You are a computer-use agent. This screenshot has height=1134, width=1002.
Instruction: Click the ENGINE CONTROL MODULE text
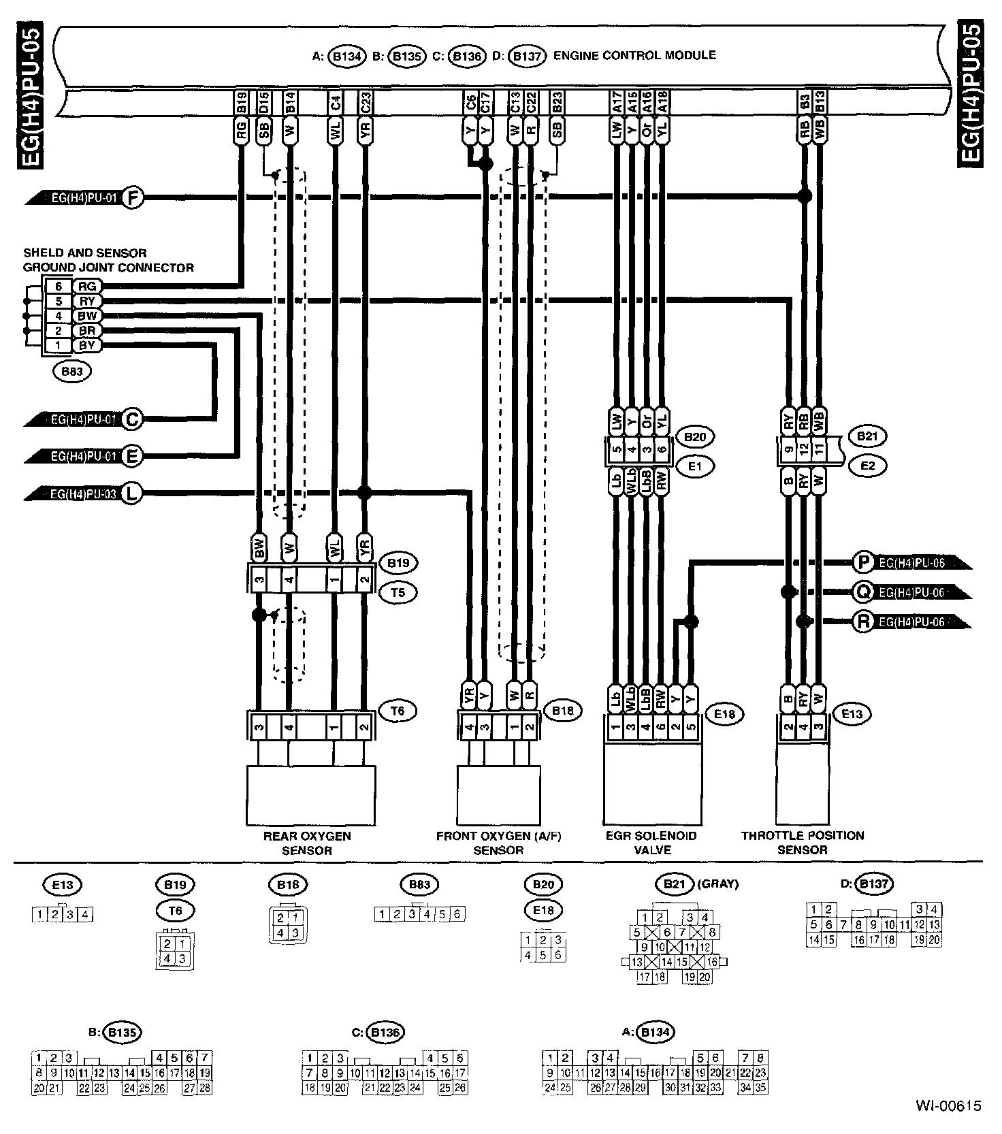click(x=634, y=55)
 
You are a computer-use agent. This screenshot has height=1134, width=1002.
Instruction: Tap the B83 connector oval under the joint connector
click(x=72, y=372)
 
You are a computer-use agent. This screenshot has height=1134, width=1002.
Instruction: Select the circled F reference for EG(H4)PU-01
click(x=134, y=198)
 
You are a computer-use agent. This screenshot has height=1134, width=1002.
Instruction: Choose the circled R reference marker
click(x=863, y=621)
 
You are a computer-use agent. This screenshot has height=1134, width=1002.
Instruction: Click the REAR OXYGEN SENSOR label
click(x=307, y=843)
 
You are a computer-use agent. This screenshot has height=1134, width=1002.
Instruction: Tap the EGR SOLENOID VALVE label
click(x=651, y=843)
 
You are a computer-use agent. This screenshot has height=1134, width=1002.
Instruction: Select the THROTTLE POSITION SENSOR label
click(x=803, y=843)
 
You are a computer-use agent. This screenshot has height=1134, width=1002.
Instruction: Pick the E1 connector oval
click(x=695, y=466)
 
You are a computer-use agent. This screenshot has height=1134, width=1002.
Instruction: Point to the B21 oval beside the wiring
click(x=867, y=436)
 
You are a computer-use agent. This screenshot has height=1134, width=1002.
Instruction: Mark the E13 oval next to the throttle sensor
click(x=852, y=713)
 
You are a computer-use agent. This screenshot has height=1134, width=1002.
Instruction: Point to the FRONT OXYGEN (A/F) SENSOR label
click(x=499, y=843)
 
